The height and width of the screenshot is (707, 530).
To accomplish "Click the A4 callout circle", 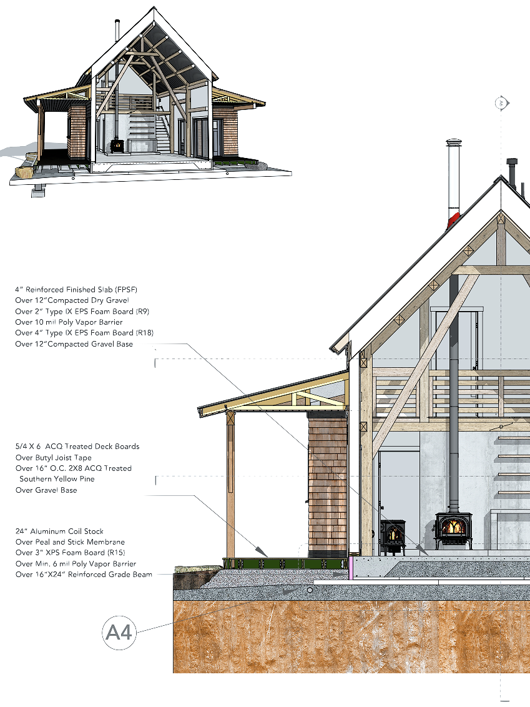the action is [x=119, y=633].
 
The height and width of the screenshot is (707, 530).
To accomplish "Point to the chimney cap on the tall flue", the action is [x=454, y=144].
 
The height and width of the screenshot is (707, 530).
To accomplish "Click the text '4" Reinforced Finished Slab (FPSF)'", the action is [x=76, y=290].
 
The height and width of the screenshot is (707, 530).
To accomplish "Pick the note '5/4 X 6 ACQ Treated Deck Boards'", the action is [x=77, y=447].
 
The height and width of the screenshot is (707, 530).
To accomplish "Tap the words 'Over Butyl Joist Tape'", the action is [x=54, y=458].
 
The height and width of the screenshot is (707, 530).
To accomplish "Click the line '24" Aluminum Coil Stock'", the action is [x=59, y=531].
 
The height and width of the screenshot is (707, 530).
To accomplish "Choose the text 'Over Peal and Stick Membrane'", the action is [x=70, y=542].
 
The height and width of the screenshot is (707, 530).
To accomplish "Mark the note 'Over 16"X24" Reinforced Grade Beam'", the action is [x=84, y=575].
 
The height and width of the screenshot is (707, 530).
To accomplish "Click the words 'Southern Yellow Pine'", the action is [x=57, y=479].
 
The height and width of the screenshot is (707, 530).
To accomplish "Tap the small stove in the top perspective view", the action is [x=117, y=146].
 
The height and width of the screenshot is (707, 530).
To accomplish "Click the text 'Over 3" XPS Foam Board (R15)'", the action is [x=70, y=553].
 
